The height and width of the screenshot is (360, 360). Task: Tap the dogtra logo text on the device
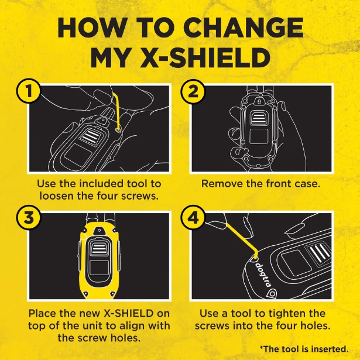point(262,273)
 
